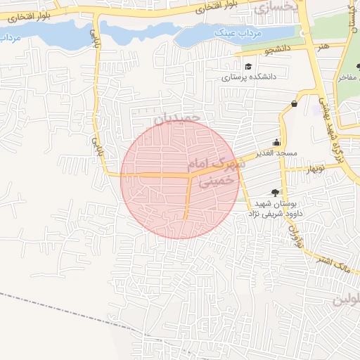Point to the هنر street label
pyautogui.click(x=323, y=46)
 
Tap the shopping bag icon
pyautogui.click(x=293, y=105)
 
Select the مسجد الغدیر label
pyautogui.click(x=277, y=153)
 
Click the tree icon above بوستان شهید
pyautogui.click(x=275, y=192)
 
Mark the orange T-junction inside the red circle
pyautogui.click(x=190, y=176)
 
